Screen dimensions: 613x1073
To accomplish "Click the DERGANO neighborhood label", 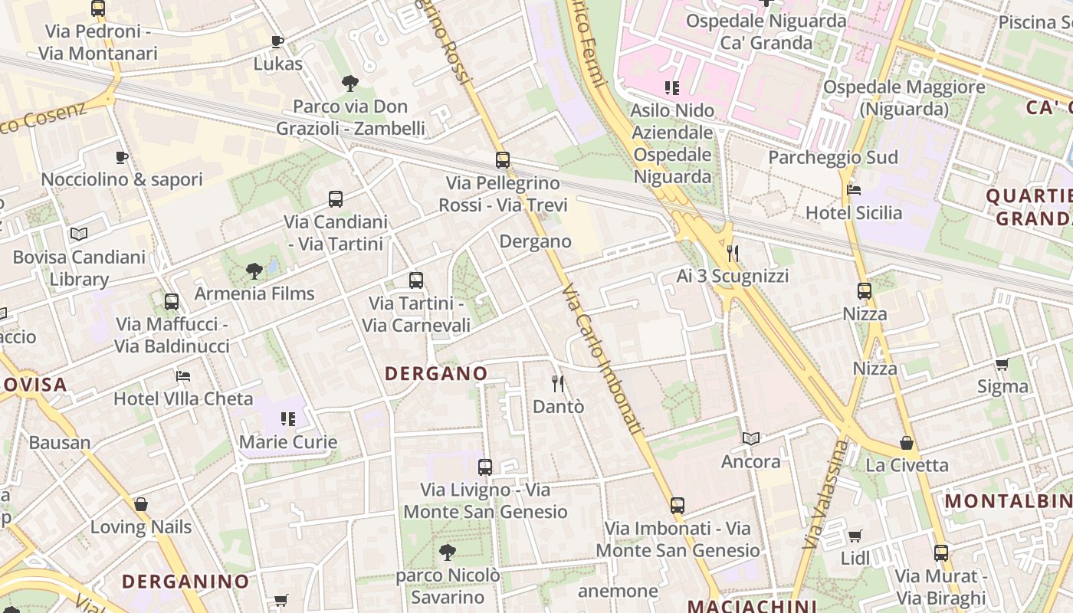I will [x=436, y=373].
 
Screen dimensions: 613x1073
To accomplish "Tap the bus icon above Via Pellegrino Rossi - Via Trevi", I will [x=503, y=160].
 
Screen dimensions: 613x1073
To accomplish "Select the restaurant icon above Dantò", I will [x=558, y=383].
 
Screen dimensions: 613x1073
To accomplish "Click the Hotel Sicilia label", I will [x=854, y=212].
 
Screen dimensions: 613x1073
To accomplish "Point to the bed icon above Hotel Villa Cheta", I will [x=183, y=375].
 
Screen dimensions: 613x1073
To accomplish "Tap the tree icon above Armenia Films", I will [x=254, y=270].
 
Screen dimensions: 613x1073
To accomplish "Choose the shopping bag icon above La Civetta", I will [x=907, y=443].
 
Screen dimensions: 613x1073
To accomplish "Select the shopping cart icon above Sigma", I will [x=1002, y=364].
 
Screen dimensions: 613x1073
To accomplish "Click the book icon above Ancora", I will [x=751, y=439].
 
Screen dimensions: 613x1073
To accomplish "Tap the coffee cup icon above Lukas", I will [x=277, y=41].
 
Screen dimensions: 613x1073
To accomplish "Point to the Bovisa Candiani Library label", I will [x=79, y=267].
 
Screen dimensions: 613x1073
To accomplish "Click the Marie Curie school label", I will [x=288, y=442].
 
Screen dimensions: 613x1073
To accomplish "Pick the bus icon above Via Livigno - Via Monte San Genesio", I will [x=485, y=467].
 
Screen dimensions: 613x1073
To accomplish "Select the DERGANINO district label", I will [x=185, y=581].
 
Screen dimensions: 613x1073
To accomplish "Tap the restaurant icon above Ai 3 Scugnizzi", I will [x=733, y=253].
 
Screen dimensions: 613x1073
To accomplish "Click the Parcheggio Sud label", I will [x=832, y=158].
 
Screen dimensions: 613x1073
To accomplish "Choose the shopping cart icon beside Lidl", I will [x=855, y=536].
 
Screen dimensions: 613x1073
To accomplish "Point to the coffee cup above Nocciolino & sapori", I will [x=121, y=157].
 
